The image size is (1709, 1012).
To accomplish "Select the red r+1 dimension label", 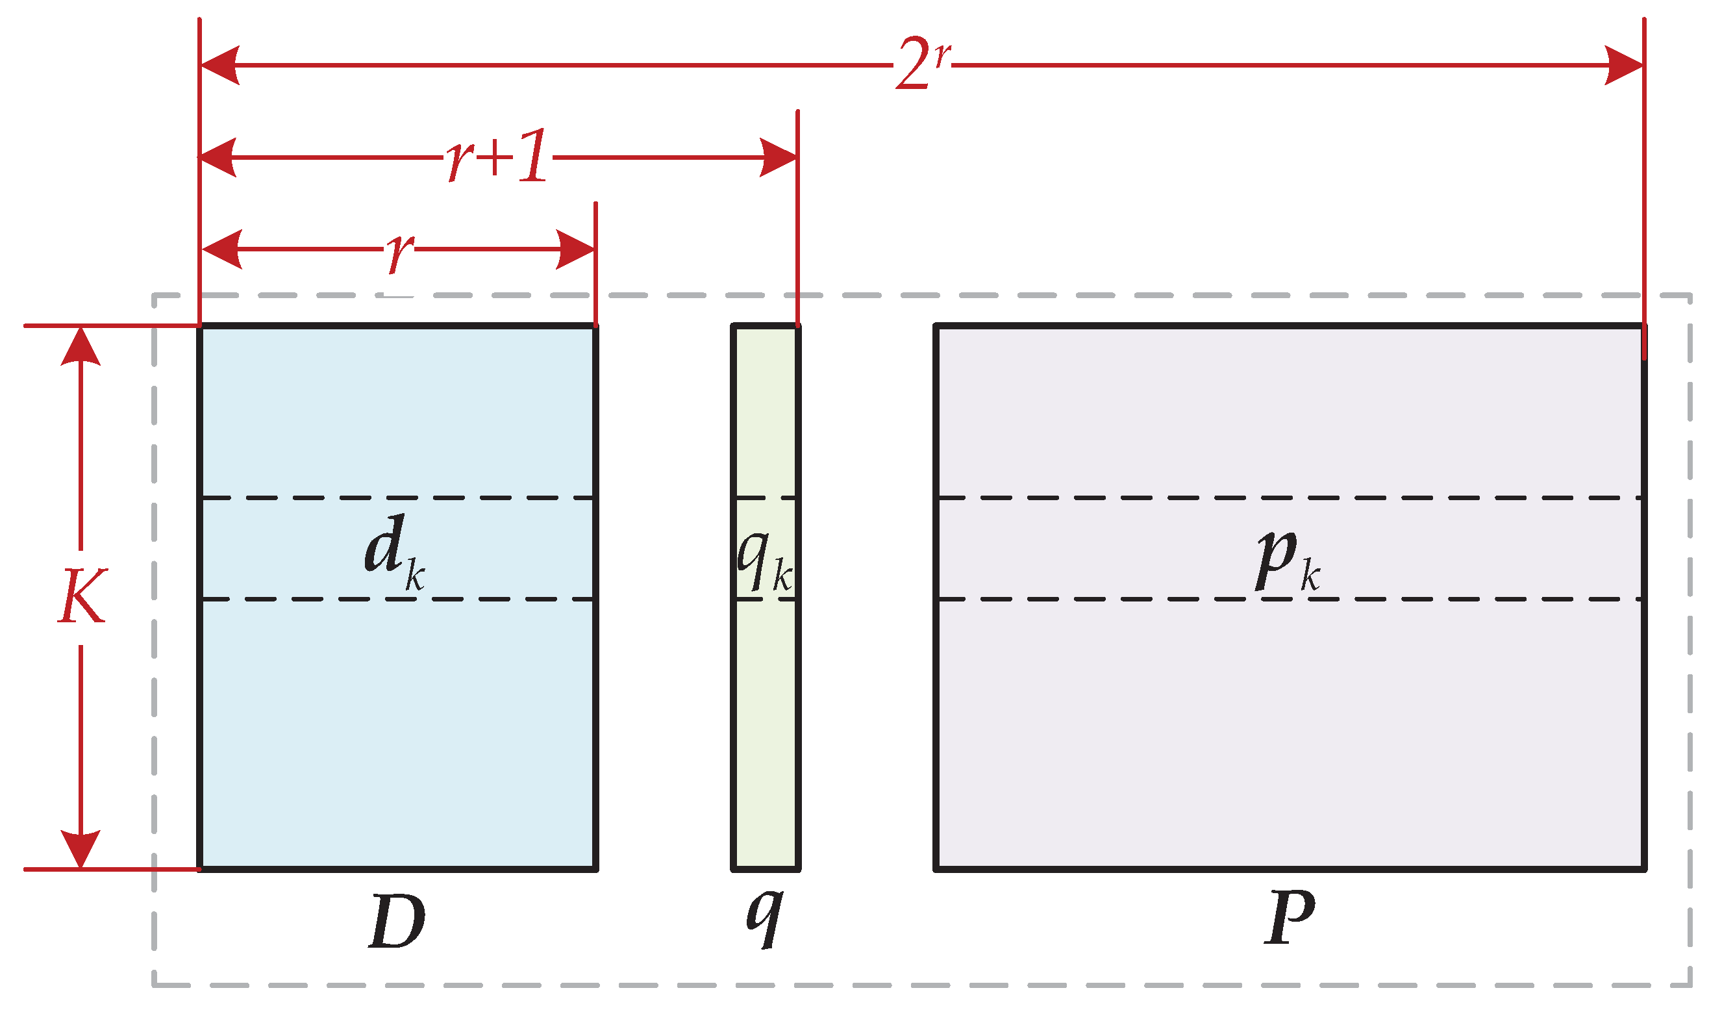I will click(x=497, y=156).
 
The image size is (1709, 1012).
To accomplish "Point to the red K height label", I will click(x=82, y=596).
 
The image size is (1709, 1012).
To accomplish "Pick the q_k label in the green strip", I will click(x=764, y=561).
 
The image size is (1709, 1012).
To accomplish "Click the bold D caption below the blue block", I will click(x=397, y=921).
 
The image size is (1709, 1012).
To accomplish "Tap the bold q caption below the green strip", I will click(x=764, y=917).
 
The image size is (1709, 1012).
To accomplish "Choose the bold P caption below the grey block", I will click(x=1290, y=917).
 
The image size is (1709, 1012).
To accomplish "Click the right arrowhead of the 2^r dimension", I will click(x=1623, y=66).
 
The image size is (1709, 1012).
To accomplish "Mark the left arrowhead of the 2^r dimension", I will click(x=219, y=66).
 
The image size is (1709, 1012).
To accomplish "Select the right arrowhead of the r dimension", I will click(x=575, y=249).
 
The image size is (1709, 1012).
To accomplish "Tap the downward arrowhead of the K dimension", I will click(x=81, y=848).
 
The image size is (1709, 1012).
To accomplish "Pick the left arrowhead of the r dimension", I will click(x=221, y=249).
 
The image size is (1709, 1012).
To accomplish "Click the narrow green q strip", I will click(x=765, y=716).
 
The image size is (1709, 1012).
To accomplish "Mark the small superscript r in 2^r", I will click(x=942, y=55).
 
